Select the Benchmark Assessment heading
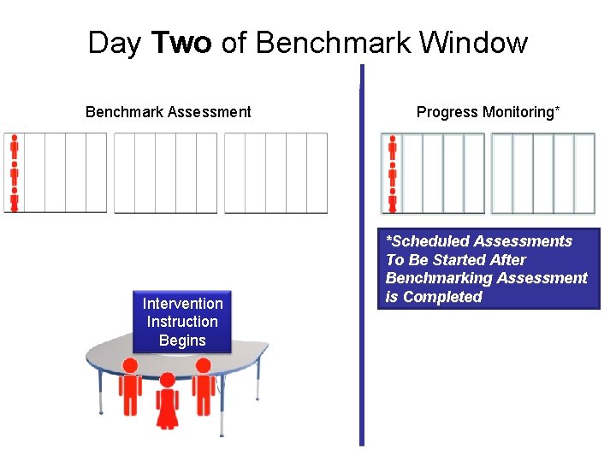click(169, 112)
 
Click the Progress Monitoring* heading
click(489, 112)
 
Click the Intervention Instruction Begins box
click(182, 322)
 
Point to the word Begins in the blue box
click(182, 341)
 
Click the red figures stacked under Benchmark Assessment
click(14, 172)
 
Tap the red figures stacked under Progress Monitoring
click(393, 172)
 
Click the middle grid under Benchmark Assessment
click(166, 172)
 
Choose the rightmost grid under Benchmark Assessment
click(275, 172)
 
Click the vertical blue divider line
click(362, 257)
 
